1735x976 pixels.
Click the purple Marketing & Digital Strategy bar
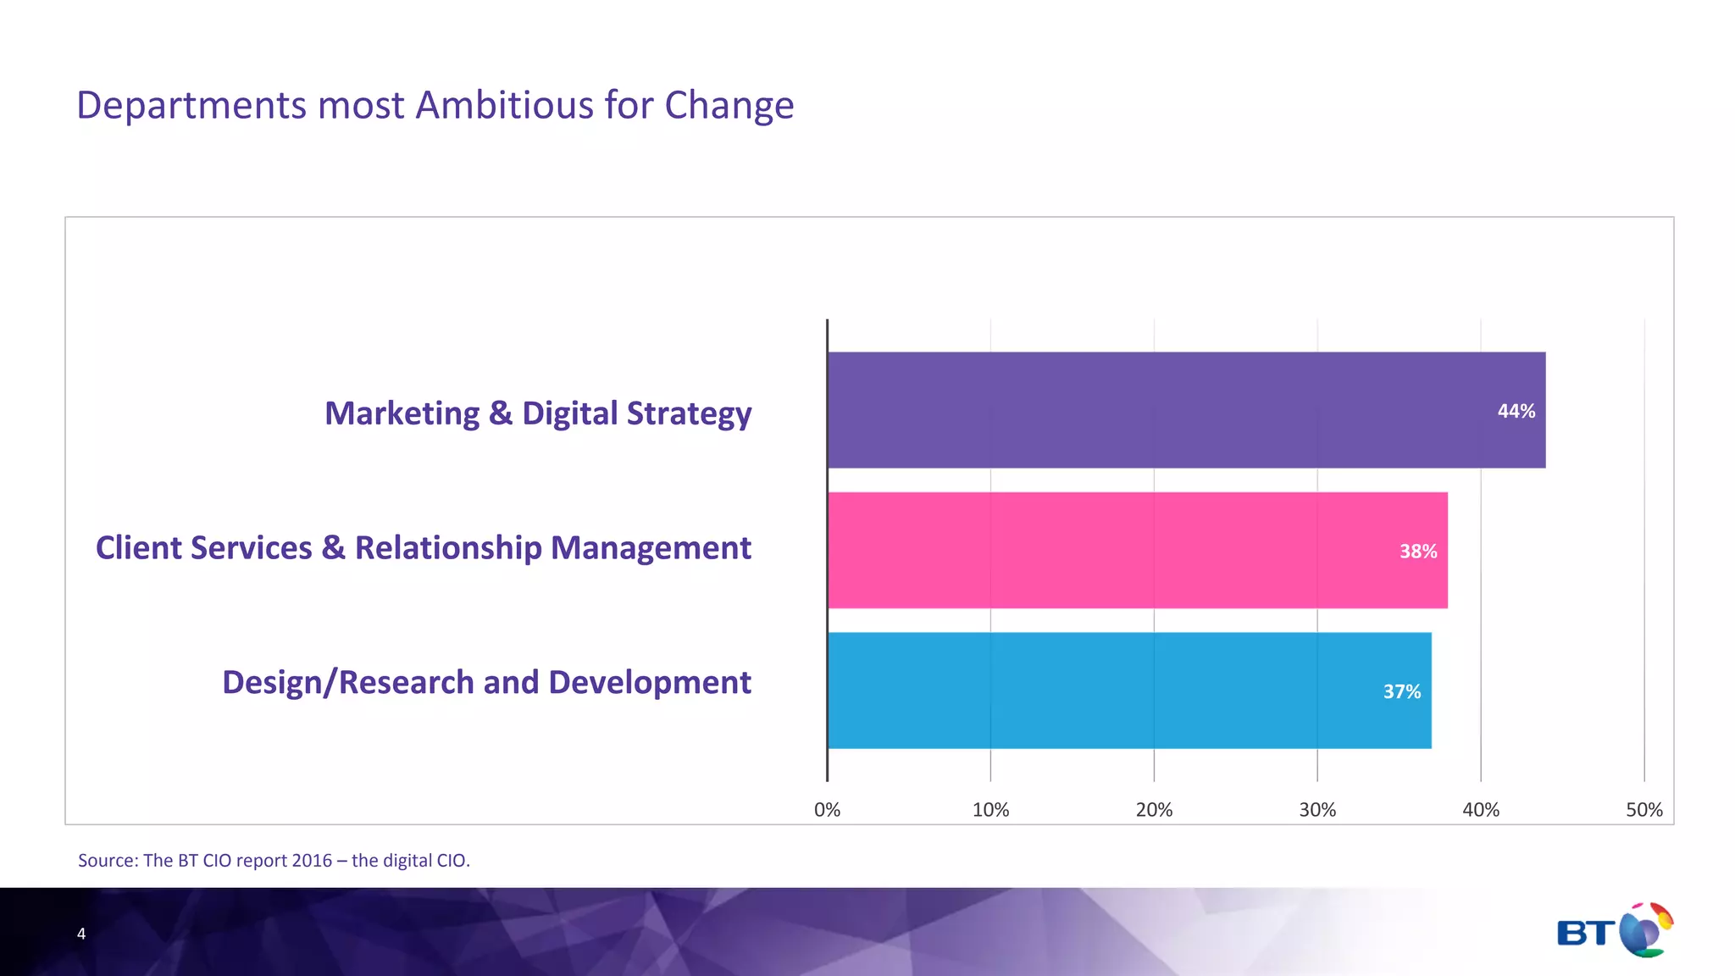[x=1186, y=410]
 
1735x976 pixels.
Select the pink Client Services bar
[x=1135, y=551]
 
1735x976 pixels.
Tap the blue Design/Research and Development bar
[x=1127, y=690]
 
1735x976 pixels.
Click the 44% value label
[x=1516, y=411]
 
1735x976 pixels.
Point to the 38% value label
[x=1418, y=552]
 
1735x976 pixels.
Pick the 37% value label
[x=1402, y=691]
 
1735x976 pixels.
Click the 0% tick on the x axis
[x=827, y=810]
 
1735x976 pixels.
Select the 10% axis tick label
[x=990, y=810]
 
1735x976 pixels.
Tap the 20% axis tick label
[x=1154, y=810]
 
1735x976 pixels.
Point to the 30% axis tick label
[x=1317, y=810]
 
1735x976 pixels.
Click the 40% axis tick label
[x=1481, y=810]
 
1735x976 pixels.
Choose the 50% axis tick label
[x=1644, y=810]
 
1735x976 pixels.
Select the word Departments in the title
[x=191, y=107]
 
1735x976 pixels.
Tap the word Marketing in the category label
[x=402, y=413]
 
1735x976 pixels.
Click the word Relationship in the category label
[x=447, y=548]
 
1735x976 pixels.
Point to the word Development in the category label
[x=651, y=683]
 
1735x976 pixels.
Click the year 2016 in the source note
[x=312, y=861]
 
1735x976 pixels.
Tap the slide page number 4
[x=81, y=934]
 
